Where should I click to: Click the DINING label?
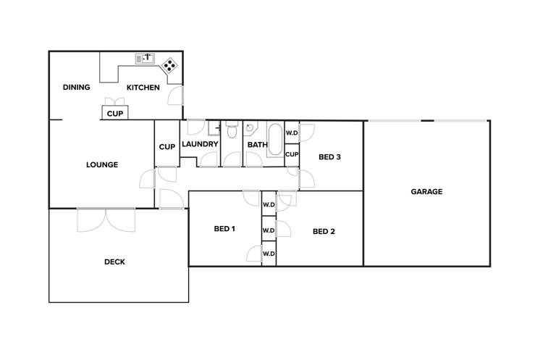76,88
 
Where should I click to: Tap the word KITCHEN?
143,88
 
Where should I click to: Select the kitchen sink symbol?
146,57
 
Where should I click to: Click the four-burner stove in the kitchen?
170,65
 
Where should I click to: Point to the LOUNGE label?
102,164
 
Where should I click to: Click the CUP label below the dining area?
114,114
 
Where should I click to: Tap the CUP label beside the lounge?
167,146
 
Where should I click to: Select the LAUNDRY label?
201,144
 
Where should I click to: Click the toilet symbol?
232,131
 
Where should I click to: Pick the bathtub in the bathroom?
276,138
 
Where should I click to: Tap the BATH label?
257,144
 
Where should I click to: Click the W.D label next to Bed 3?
292,133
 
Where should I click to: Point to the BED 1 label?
224,229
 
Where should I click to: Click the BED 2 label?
324,232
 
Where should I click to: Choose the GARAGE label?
426,192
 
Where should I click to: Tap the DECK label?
114,262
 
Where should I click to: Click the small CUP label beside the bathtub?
292,154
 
